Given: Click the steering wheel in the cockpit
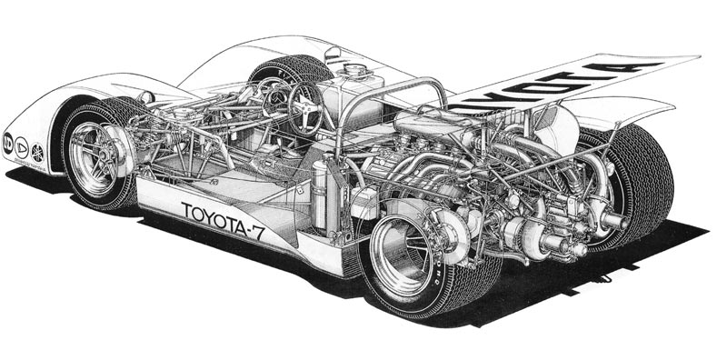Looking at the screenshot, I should click(304, 107).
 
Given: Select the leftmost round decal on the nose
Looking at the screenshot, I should click(8, 141).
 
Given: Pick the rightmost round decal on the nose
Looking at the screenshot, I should click(37, 152).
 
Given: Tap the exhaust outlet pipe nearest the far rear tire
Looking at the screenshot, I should click(611, 219).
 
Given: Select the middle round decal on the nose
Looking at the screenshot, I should click(22, 146).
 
